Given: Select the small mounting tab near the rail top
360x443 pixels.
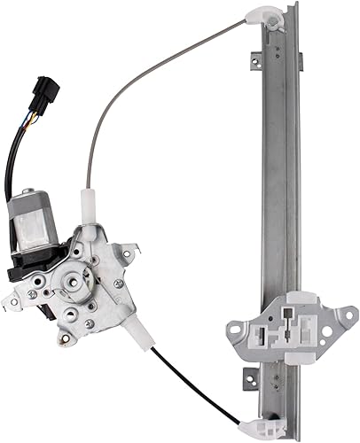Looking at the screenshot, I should pos(256,62).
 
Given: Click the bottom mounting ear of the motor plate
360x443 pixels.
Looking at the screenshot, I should pos(66,340).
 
